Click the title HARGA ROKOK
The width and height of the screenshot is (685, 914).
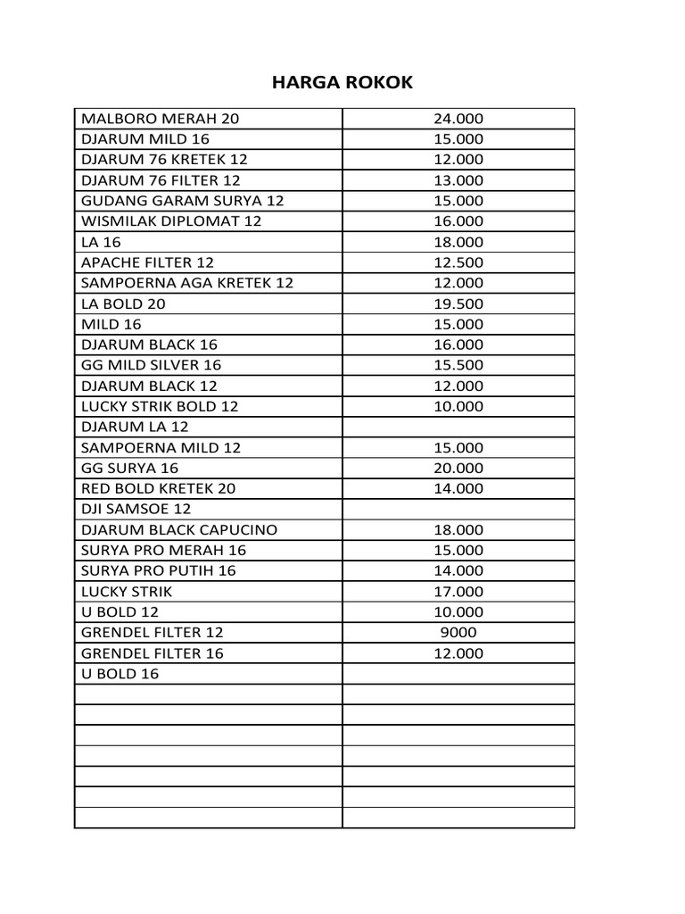342,83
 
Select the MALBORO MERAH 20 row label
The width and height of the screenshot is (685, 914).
160,119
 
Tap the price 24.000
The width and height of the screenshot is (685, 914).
458,119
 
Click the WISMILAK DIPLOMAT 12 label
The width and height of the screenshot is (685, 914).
171,221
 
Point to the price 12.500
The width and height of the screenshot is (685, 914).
458,262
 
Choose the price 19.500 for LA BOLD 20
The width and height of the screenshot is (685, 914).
458,303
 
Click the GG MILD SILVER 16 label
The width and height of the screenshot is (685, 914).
151,365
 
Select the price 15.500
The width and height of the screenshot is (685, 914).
458,365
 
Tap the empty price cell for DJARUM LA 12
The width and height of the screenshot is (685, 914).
458,427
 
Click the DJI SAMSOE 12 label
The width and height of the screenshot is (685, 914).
136,509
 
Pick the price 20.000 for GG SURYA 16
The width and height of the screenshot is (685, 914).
458,468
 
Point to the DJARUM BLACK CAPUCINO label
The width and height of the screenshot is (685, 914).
179,529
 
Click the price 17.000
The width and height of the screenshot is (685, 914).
458,591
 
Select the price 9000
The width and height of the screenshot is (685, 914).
458,632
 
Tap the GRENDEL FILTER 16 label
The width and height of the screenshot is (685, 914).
153,652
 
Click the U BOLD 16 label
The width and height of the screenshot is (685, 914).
120,673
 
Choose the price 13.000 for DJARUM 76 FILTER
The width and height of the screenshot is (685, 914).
458,180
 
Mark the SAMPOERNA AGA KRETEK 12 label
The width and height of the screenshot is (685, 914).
186,283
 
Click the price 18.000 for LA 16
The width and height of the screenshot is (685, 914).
458,242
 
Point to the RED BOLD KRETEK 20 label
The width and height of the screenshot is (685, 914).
159,488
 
